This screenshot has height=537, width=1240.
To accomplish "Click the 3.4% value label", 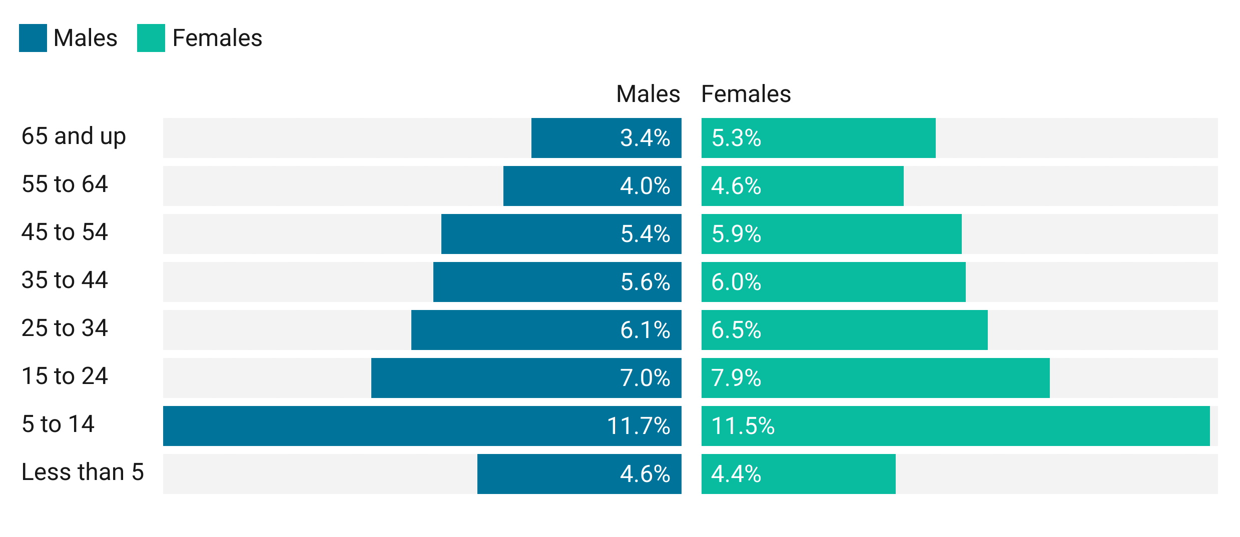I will coord(645,138).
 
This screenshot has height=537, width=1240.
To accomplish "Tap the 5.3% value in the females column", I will coord(736,138).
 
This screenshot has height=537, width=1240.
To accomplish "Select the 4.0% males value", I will coord(645,186).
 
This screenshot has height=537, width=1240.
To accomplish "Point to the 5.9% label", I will coord(736,234).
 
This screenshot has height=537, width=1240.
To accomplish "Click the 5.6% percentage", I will coord(645,282).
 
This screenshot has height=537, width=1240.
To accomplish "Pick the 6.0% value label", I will coord(736,282).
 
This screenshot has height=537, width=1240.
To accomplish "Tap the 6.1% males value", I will coord(645,330).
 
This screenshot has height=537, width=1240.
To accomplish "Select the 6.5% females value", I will coord(736,330).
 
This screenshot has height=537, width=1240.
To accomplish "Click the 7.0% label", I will coord(645,378).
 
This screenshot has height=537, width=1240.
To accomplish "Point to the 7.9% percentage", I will coord(736,378).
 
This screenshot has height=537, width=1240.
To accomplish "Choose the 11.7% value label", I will coord(638,426).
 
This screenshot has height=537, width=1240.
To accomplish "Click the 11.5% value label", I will coord(743,426).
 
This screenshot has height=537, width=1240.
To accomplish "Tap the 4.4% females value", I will coord(736,474).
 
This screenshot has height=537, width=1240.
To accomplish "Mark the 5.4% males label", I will coord(645,234).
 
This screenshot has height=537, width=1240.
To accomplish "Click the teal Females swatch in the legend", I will coord(147,40).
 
